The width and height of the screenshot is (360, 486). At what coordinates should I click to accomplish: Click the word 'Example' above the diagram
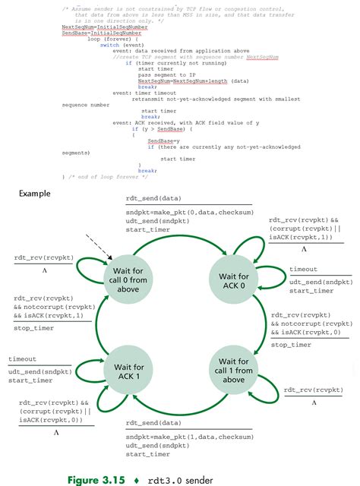[34, 193]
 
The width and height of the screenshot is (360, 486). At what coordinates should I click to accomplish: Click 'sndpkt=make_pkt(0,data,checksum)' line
[175, 212]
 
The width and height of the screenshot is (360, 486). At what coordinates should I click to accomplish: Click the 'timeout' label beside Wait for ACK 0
[303, 270]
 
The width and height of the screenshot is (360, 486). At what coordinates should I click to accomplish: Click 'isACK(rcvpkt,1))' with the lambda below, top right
[298, 238]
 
